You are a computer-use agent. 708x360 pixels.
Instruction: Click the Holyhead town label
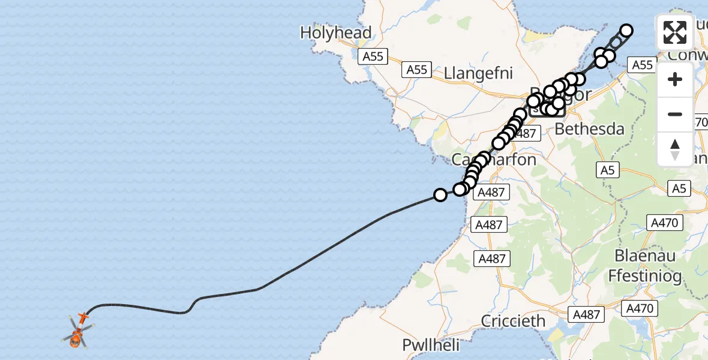336,32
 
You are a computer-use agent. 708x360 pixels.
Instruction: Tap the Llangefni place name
479,73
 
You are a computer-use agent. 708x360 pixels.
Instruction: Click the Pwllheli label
431,346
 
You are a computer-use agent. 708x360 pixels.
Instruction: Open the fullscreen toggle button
675,32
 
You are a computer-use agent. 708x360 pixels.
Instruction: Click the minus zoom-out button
675,114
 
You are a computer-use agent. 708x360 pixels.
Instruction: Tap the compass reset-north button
675,149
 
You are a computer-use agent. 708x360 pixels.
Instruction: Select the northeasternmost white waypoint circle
626,31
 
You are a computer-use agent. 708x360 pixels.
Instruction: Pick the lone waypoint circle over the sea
440,195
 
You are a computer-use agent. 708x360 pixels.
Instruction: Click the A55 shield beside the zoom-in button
642,65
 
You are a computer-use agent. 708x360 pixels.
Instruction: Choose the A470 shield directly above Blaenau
664,223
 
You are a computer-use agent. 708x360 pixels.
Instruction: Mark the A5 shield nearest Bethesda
608,170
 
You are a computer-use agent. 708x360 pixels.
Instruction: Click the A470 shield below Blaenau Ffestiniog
641,309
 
